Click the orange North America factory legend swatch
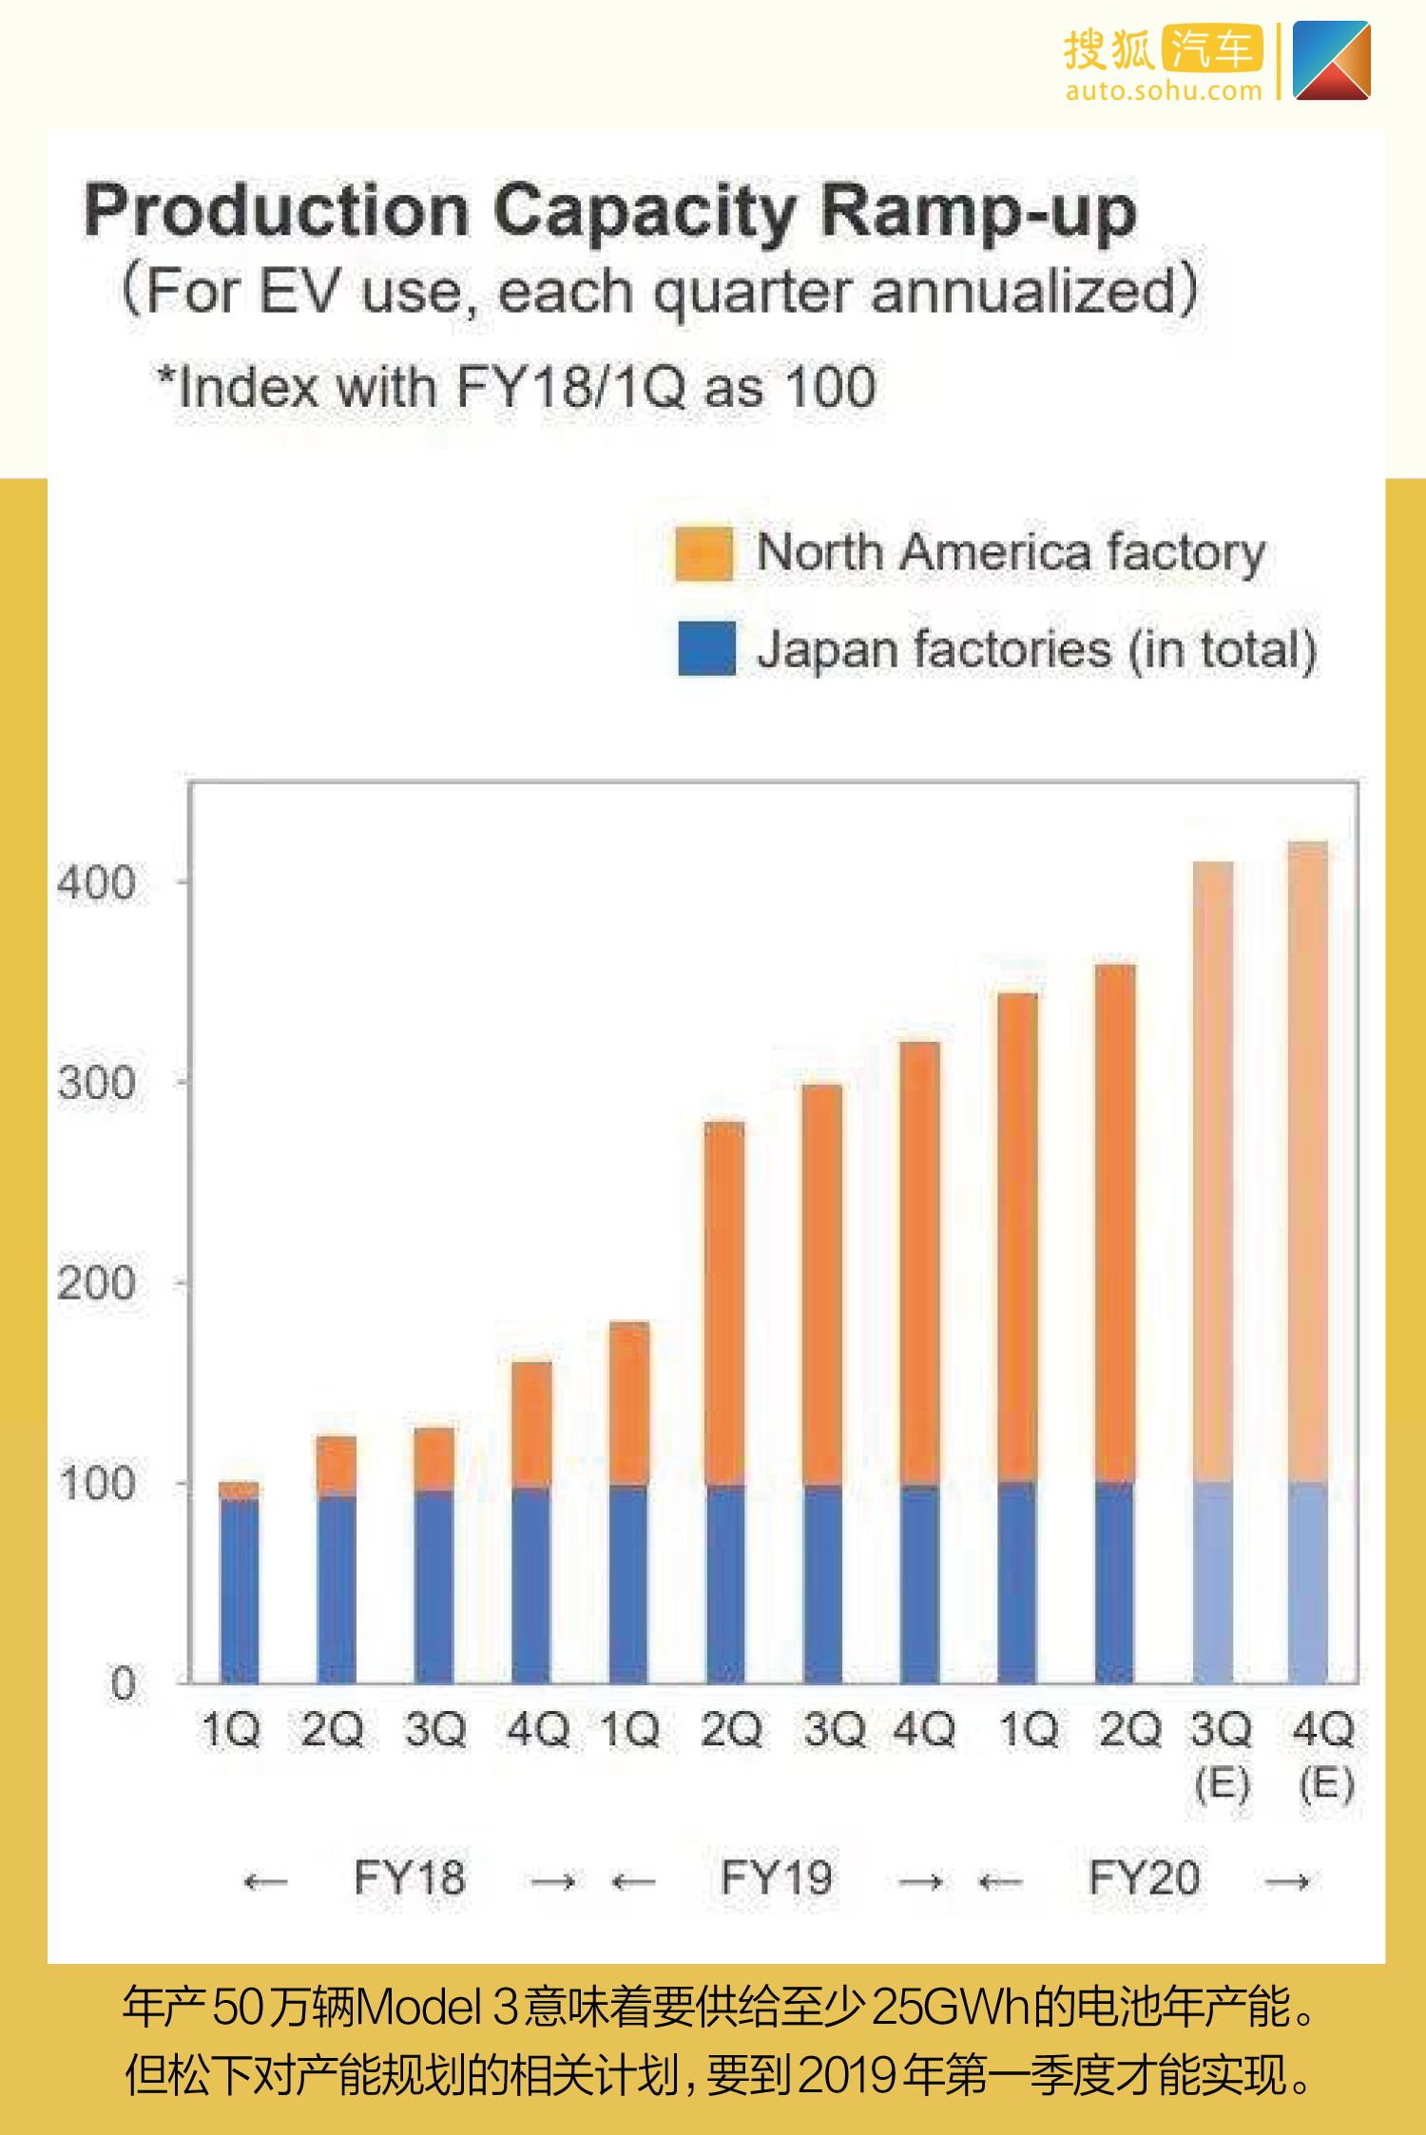click(x=703, y=553)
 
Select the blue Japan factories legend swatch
click(x=706, y=648)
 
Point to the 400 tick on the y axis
click(x=96, y=883)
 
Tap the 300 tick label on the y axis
click(x=96, y=1083)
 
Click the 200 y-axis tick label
click(x=96, y=1283)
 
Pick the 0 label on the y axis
click(x=124, y=1683)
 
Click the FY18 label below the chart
click(x=409, y=1877)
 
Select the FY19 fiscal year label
click(x=776, y=1877)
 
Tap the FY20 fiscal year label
click(x=1144, y=1877)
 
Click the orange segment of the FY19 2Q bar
click(x=725, y=1302)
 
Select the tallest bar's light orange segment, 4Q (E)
click(x=1308, y=1160)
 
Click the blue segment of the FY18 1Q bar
click(x=240, y=1592)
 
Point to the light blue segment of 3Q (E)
click(x=1212, y=1583)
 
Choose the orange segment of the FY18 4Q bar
click(x=531, y=1424)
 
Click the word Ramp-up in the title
click(x=978, y=211)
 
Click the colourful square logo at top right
click(x=1331, y=61)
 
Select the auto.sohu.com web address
click(x=1164, y=91)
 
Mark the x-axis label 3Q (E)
click(x=1221, y=1754)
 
